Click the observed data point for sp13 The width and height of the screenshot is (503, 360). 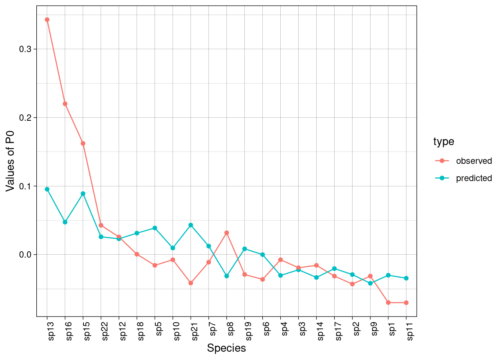[x=47, y=19]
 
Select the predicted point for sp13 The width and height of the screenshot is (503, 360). [x=47, y=189]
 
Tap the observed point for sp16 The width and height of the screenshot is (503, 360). [x=65, y=104]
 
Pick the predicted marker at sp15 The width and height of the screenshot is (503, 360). [x=83, y=194]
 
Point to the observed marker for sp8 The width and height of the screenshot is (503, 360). [x=227, y=233]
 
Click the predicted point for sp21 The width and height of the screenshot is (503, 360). [x=191, y=225]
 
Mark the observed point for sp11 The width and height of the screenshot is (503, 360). [x=406, y=303]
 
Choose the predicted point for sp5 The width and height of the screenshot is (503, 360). [x=155, y=228]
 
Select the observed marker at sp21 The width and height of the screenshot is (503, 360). [x=191, y=283]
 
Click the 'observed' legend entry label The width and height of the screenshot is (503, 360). [x=474, y=161]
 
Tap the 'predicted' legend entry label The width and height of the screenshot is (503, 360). [x=474, y=178]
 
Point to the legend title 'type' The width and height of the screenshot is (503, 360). [x=444, y=142]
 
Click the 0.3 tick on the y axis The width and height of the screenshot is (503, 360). [x=26, y=49]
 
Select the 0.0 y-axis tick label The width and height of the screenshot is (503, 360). [x=26, y=255]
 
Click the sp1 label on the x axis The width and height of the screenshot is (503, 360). [x=392, y=330]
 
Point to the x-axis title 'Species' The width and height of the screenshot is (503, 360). [x=226, y=348]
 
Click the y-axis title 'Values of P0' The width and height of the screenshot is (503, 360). [x=10, y=161]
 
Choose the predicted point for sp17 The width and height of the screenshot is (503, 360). [x=335, y=268]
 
